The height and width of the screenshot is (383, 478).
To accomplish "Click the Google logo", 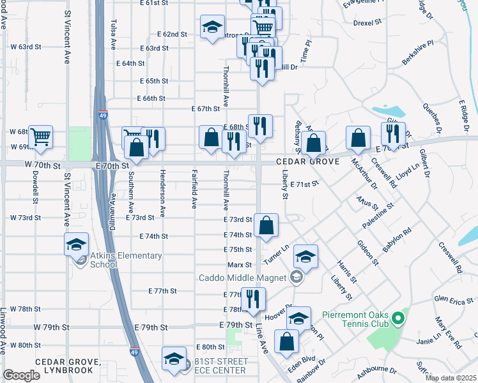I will pyautogui.click(x=21, y=375).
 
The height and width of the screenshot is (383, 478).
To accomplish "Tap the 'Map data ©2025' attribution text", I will pyautogui.click(x=451, y=378).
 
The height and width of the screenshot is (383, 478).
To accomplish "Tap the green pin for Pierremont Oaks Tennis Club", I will pyautogui.click(x=397, y=317).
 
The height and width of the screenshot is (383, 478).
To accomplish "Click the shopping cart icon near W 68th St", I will pyautogui.click(x=41, y=136).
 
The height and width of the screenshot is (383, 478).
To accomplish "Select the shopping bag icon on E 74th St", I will pyautogui.click(x=266, y=225).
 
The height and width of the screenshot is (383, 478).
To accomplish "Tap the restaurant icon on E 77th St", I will pyautogui.click(x=253, y=299).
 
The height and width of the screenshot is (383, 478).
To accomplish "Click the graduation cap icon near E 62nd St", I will pyautogui.click(x=212, y=27).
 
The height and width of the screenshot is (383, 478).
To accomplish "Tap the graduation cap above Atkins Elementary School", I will pyautogui.click(x=76, y=244).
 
